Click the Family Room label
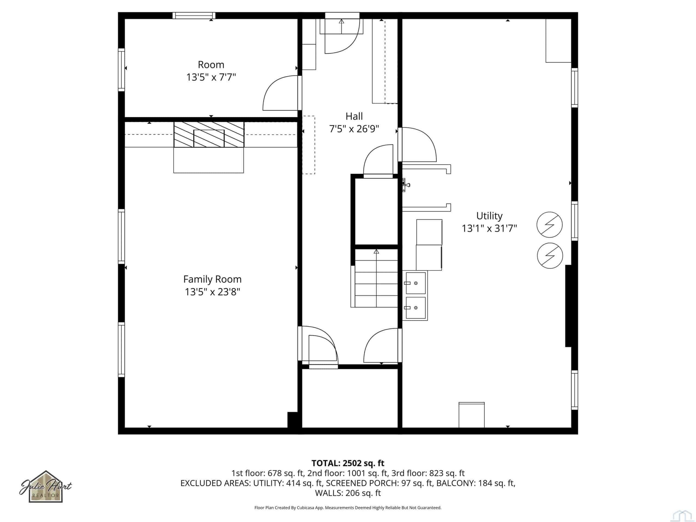tap(212, 279)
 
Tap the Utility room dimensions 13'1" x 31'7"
tap(489, 228)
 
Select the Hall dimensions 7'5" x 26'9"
tap(354, 129)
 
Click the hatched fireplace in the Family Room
tap(209, 134)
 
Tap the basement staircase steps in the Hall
tap(376, 278)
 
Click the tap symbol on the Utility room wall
tap(406, 185)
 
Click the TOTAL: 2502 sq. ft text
tap(348, 463)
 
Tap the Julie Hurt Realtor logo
tap(46, 486)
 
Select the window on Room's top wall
tap(194, 15)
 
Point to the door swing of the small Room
tap(280, 93)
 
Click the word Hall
tap(354, 116)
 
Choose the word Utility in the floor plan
tap(489, 216)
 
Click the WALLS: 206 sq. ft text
tap(348, 493)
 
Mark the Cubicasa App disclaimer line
tap(348, 508)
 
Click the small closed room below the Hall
tap(350, 398)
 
